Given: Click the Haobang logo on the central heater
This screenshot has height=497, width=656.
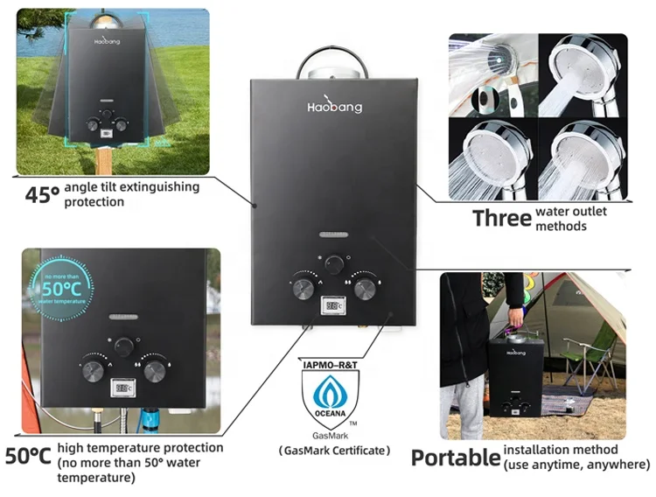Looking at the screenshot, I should (334, 106).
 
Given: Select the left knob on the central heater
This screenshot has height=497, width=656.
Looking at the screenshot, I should (304, 286).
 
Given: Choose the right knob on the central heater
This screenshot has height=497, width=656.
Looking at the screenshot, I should (365, 285).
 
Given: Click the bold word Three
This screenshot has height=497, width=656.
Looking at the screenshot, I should (501, 218).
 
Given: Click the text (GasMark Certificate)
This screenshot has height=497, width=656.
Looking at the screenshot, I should (334, 451).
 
